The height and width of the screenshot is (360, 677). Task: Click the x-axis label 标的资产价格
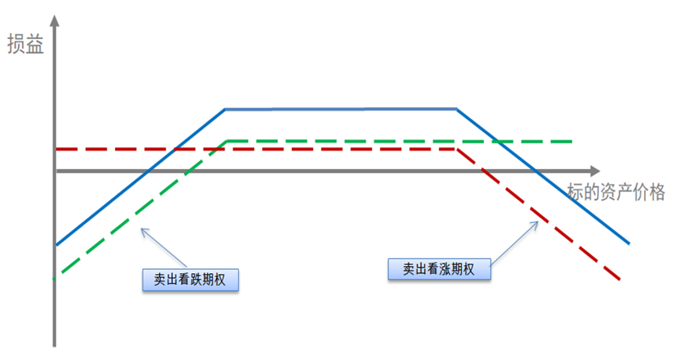point(617,192)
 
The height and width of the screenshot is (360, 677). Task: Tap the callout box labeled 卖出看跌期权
point(190,279)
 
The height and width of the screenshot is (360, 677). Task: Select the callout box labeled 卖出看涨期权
point(439,268)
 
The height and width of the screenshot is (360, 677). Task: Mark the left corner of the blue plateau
point(225,110)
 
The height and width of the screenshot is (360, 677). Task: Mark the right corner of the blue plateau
point(457,110)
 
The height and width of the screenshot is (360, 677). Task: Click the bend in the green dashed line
point(227,142)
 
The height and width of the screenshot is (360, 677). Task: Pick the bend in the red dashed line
point(458,148)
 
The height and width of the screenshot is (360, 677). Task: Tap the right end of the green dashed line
point(572,142)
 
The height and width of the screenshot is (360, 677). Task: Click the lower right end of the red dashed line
point(620,279)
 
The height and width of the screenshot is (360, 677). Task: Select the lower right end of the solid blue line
point(628,243)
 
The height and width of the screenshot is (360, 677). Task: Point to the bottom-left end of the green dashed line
point(54,278)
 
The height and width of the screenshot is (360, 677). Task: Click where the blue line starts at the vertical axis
point(56,244)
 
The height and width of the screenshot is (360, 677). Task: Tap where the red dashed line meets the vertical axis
point(56,148)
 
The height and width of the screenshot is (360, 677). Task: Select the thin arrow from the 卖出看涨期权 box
point(516,241)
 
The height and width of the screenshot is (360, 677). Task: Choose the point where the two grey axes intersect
point(55,171)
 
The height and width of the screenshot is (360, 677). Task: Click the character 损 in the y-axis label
point(15,44)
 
